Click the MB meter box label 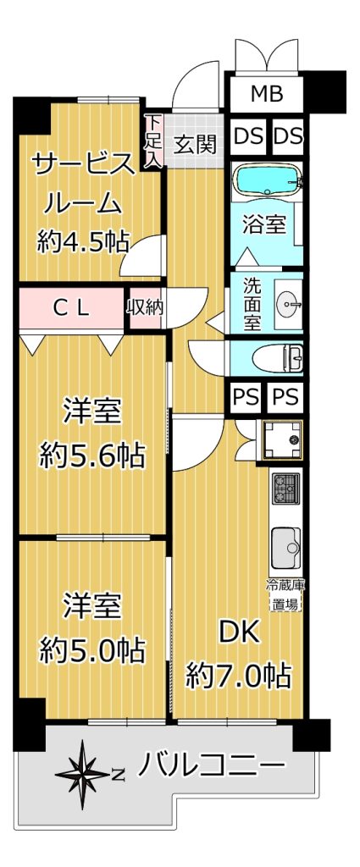coord(267,94)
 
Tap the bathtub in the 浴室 coord(267,179)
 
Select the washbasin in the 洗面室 coord(291,302)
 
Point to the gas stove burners coord(286,487)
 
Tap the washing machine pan coord(281,440)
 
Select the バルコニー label coord(211,766)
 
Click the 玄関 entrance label coord(195,145)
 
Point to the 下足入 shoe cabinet coord(153,141)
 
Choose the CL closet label coord(70,308)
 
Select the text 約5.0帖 coord(91,649)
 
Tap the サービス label coord(83,166)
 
